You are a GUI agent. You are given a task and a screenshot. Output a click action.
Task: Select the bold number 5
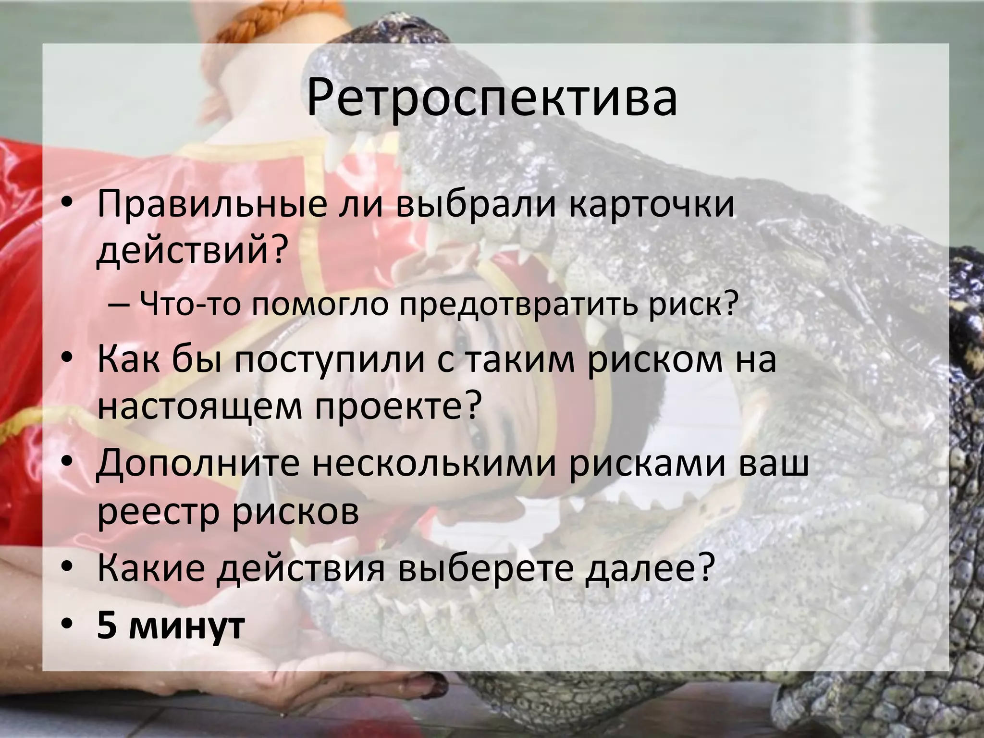tap(107, 625)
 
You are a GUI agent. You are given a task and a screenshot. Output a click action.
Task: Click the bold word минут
tap(187, 625)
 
